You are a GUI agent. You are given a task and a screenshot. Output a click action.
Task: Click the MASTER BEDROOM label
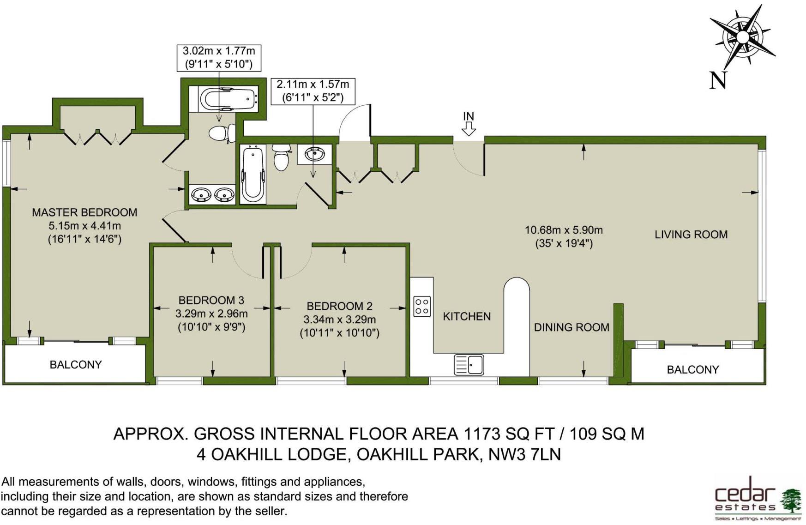84,212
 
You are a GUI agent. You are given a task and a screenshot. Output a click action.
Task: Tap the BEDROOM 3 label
211,300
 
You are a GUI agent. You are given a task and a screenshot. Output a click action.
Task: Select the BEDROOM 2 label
339,306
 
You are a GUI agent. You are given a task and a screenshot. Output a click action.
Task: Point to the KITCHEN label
467,316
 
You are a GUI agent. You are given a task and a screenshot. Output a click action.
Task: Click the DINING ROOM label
571,327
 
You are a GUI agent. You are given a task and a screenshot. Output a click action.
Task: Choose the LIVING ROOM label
691,235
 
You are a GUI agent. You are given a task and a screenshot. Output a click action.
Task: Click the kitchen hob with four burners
422,306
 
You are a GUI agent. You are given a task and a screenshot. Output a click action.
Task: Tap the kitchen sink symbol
469,365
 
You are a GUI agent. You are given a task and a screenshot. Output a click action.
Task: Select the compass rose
742,37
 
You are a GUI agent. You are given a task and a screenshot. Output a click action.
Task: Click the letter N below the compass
718,80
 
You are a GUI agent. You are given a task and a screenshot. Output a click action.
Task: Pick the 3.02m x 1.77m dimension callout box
219,58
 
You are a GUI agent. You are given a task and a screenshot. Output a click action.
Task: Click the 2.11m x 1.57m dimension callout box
313,91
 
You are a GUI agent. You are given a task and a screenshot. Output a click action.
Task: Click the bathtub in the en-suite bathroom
229,99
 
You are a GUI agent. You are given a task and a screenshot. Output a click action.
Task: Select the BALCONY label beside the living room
693,370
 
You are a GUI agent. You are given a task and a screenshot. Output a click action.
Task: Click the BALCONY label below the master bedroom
76,365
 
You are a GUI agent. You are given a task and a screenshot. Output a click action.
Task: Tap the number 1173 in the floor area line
482,434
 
